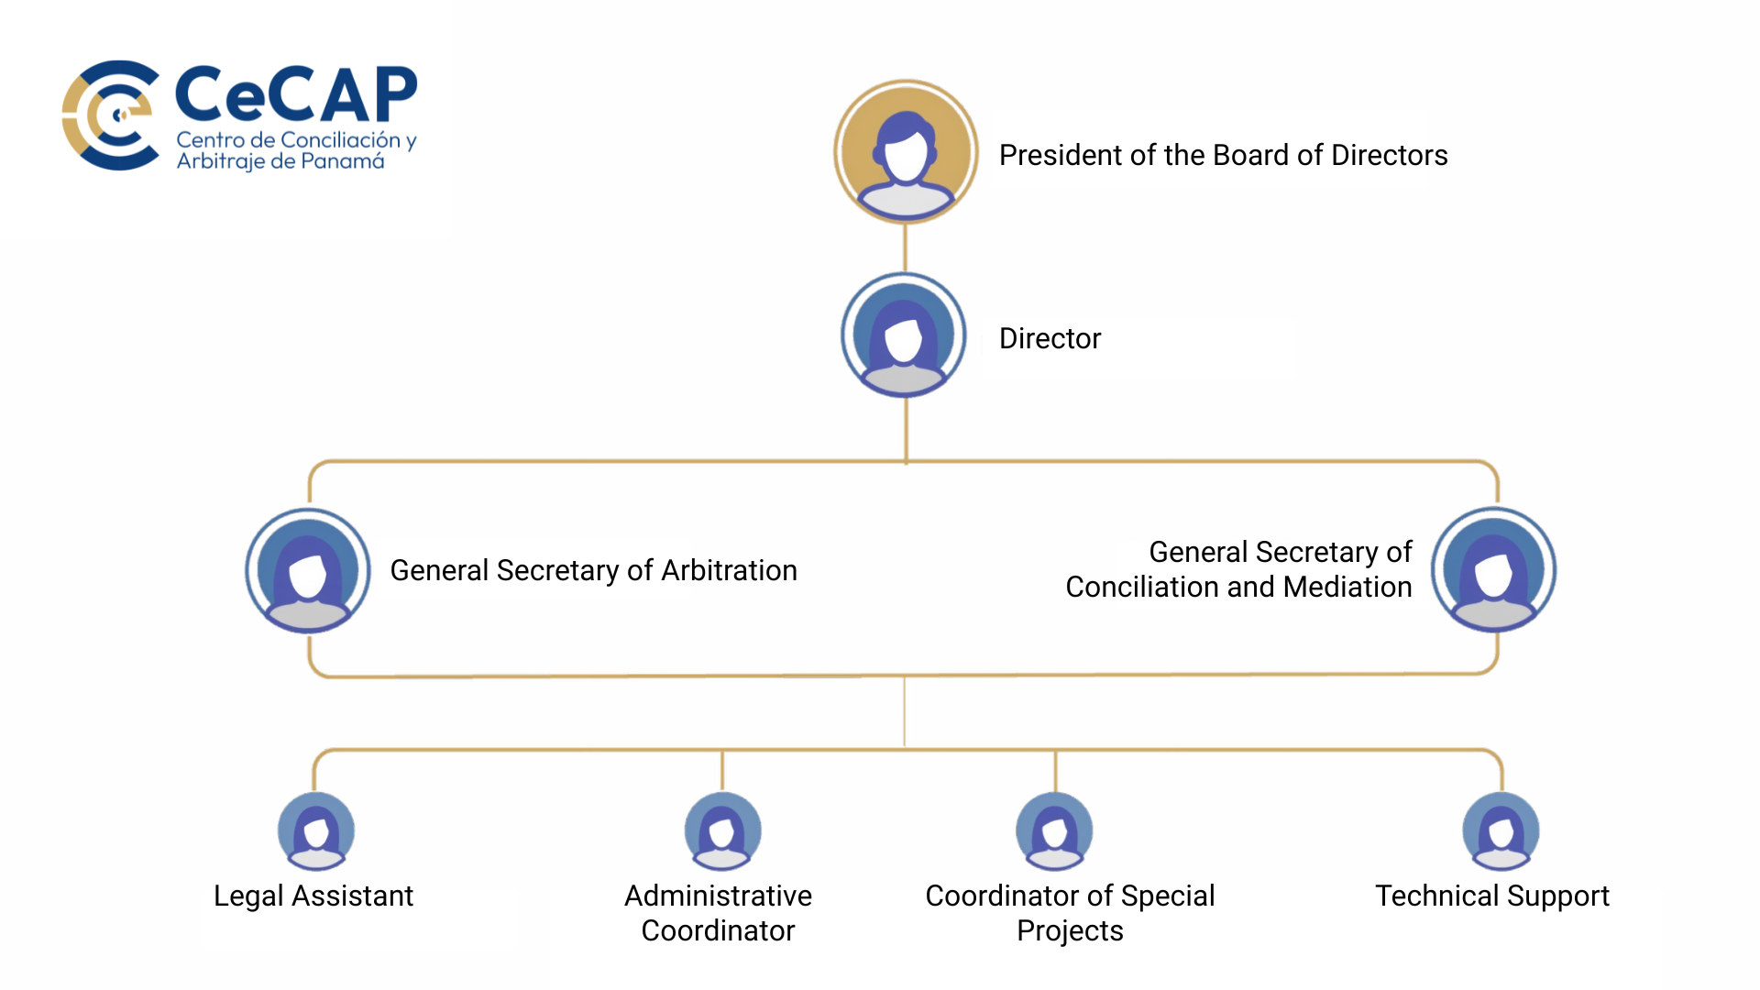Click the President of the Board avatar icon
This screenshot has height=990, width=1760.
[906, 152]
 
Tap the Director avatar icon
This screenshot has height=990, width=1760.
[904, 335]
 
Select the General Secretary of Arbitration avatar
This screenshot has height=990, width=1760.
[308, 570]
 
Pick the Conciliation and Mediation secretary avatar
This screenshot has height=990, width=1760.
[1494, 570]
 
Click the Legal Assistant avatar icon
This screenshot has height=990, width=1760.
[316, 830]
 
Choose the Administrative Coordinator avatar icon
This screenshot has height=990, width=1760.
[722, 830]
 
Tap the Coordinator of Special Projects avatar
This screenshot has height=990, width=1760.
[1054, 830]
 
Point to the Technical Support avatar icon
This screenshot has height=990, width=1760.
[1501, 830]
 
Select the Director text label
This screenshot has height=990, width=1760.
[1050, 339]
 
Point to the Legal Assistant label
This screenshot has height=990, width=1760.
[313, 896]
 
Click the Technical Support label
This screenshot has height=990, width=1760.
[1492, 896]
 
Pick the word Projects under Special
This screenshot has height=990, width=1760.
[1070, 931]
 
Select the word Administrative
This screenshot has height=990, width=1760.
[718, 896]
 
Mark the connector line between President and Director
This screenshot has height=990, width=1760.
[906, 247]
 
